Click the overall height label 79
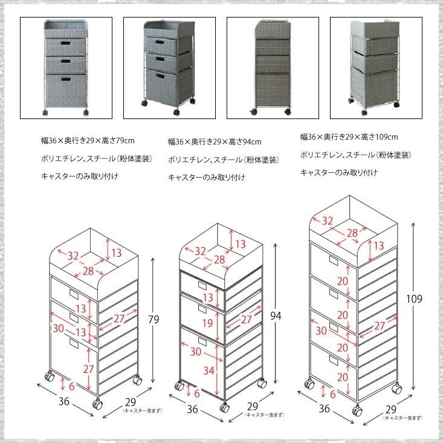coord(154,319)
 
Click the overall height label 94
coord(276,315)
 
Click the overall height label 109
coord(414,299)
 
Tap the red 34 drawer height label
coord(209,370)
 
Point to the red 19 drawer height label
coord(208,323)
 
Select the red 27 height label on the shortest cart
coord(88,369)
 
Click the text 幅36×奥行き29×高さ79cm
coord(88,140)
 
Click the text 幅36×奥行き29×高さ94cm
coord(215,141)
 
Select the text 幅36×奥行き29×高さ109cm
coord(349,137)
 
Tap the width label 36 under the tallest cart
coord(324,409)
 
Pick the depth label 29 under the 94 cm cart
coord(252,406)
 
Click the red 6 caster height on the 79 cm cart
coord(72,386)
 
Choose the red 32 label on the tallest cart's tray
coord(328,221)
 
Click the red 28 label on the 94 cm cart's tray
coord(219,260)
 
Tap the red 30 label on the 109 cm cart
coord(321,330)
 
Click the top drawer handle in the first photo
coord(65,44)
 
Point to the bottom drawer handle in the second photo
coord(160,76)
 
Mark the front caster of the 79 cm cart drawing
coord(97,404)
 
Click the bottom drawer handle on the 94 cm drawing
coord(202,341)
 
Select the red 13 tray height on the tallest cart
coord(378,245)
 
